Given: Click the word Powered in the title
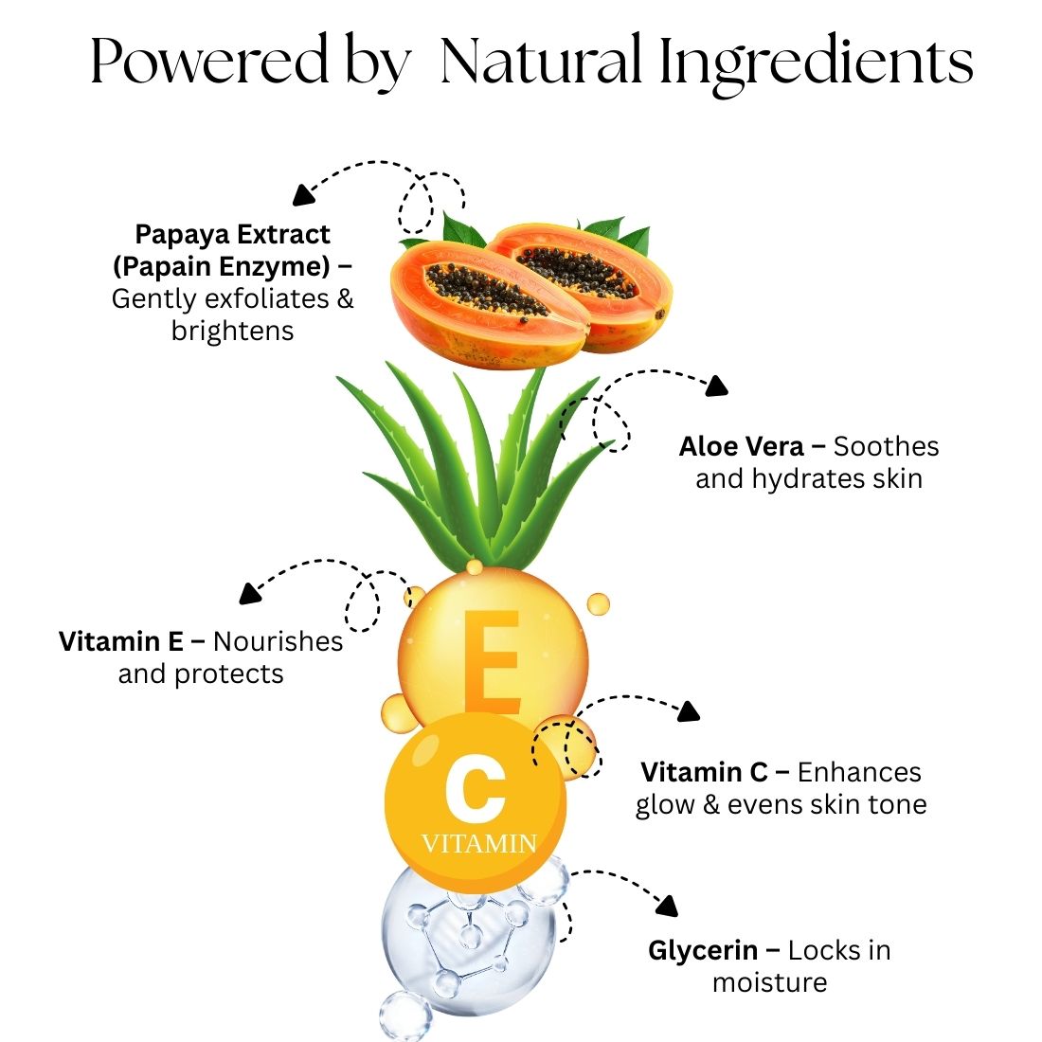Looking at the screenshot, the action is coord(209,62).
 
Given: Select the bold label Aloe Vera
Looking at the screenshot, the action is coord(741,446).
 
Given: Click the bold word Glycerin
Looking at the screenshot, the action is coord(703,951).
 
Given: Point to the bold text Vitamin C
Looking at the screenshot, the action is coord(704,772).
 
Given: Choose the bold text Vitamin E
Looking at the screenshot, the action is coord(121,642).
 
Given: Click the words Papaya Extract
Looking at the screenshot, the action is coord(233,235).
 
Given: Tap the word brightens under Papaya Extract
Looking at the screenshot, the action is coord(233,331).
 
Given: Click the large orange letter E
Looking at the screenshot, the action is coord(492,662).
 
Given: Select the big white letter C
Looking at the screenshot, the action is coord(476,789).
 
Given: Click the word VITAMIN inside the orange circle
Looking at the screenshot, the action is coord(479,844).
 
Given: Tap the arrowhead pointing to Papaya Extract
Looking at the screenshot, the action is coord(303,195).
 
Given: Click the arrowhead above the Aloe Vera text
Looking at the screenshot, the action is coord(716,386).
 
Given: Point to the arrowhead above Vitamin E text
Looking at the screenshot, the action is coord(249,593).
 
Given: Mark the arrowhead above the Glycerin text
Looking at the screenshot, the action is coord(667,906).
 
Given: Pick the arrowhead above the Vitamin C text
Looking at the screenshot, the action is coord(689,711).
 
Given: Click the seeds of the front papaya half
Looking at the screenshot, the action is coord(487,290).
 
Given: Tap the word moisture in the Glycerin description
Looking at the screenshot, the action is coord(769,983).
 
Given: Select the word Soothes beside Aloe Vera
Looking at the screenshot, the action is coord(887,446).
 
